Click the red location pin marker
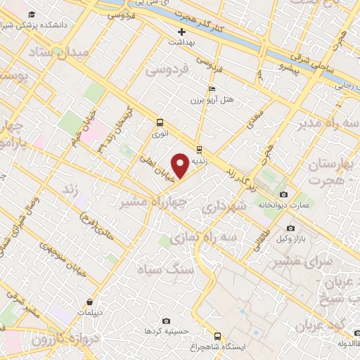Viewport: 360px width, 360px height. coord(181,165)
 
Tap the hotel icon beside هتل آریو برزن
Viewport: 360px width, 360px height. coord(212,89)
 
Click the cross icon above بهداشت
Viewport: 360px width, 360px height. coord(181,32)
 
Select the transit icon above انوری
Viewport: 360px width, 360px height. coord(160,121)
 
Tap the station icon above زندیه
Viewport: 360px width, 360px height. coord(200,148)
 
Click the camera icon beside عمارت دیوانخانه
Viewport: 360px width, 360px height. coord(283,194)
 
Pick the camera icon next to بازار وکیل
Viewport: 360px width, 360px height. coord(291,228)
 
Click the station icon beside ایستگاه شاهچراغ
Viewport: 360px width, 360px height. coord(217,336)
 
